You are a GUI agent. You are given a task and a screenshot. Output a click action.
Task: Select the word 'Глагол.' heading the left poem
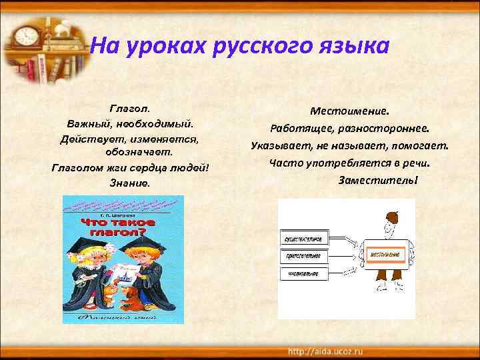(x=130, y=107)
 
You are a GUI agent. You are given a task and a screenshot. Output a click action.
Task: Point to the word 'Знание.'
(x=130, y=182)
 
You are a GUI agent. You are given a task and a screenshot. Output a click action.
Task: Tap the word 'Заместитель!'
(x=377, y=180)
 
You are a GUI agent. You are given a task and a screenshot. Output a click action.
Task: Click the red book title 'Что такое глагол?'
(x=118, y=227)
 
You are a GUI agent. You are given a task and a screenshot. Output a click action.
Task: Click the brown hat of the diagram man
(x=392, y=217)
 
